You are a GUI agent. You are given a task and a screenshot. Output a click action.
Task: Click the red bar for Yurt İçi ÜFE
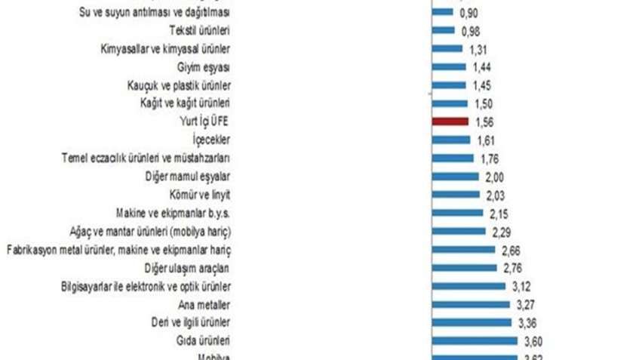pos(450,122)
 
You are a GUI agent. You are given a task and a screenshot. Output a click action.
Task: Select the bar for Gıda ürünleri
pos(473,341)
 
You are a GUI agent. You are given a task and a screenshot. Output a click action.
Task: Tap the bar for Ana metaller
pos(468,305)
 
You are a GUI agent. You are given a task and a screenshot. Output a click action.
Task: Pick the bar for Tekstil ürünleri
pos(444,30)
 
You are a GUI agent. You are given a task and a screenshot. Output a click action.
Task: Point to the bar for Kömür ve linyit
pos(456,195)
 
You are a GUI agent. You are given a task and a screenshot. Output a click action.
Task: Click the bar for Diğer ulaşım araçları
pos(464,268)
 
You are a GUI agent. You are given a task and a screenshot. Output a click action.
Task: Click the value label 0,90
pos(467,13)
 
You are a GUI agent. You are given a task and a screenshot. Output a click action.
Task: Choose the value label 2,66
pos(509,250)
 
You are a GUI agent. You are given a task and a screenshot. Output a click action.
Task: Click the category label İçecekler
pos(211,140)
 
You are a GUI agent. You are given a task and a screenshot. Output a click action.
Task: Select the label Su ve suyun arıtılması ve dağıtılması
pos(154,13)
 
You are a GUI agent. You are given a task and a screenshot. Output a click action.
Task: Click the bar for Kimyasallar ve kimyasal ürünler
pos(447,48)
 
